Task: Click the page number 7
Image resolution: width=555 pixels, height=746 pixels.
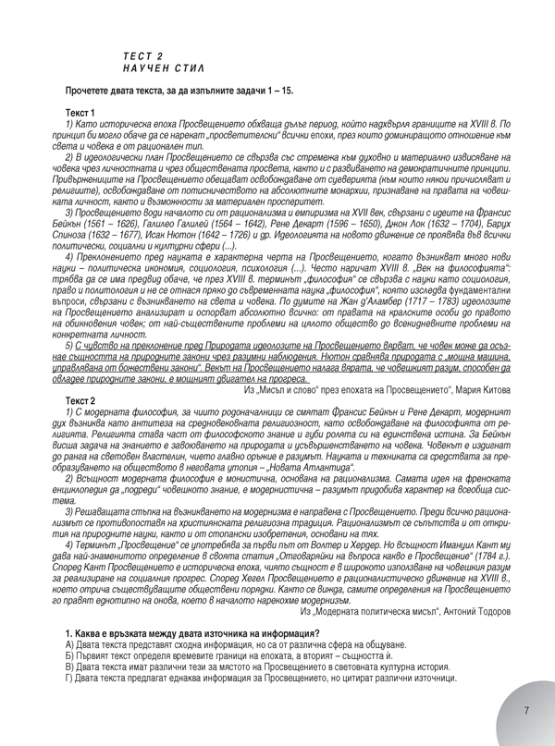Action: (525, 710)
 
